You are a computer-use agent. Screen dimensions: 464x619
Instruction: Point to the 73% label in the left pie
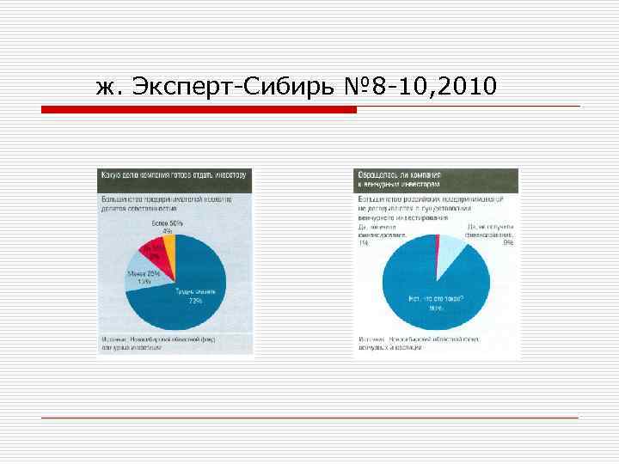click(x=195, y=302)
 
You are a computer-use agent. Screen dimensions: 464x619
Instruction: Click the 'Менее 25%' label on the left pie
click(x=138, y=274)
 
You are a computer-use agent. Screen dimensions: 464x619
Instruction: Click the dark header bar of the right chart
click(x=437, y=178)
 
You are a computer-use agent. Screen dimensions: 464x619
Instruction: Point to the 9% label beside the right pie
click(x=508, y=243)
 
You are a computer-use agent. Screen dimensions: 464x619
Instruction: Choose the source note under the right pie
click(x=437, y=344)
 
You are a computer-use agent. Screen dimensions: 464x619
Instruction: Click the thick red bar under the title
click(x=199, y=109)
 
